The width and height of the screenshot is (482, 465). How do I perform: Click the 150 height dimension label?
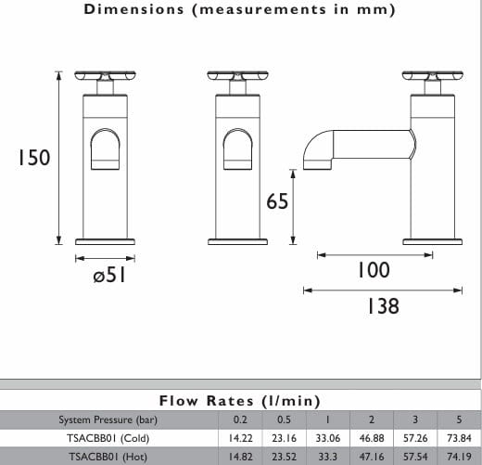click(34, 158)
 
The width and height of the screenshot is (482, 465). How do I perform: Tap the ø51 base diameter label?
click(109, 275)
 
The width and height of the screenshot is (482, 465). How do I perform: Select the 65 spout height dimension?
click(277, 201)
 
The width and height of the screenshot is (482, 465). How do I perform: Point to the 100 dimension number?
click(374, 270)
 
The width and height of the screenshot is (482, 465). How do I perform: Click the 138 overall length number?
click(383, 306)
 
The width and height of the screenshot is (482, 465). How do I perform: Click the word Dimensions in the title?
click(133, 9)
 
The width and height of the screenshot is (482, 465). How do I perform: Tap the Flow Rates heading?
click(239, 401)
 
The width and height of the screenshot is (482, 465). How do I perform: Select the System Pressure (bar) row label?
click(108, 420)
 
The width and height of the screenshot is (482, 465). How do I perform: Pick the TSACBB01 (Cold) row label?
click(108, 438)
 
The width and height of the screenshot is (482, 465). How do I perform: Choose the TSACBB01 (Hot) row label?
click(108, 457)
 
